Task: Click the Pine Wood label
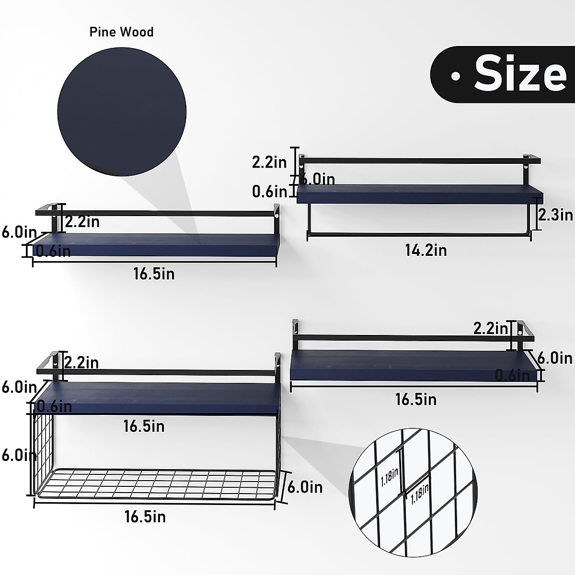pos(121,32)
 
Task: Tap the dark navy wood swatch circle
pos(122,112)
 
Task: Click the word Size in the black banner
pos(520,73)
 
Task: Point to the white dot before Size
pos(455,76)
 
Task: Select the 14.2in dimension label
pos(426,250)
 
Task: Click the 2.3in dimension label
pos(555,215)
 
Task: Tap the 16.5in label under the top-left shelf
pos(154,274)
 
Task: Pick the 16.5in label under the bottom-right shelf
pos(416,399)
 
